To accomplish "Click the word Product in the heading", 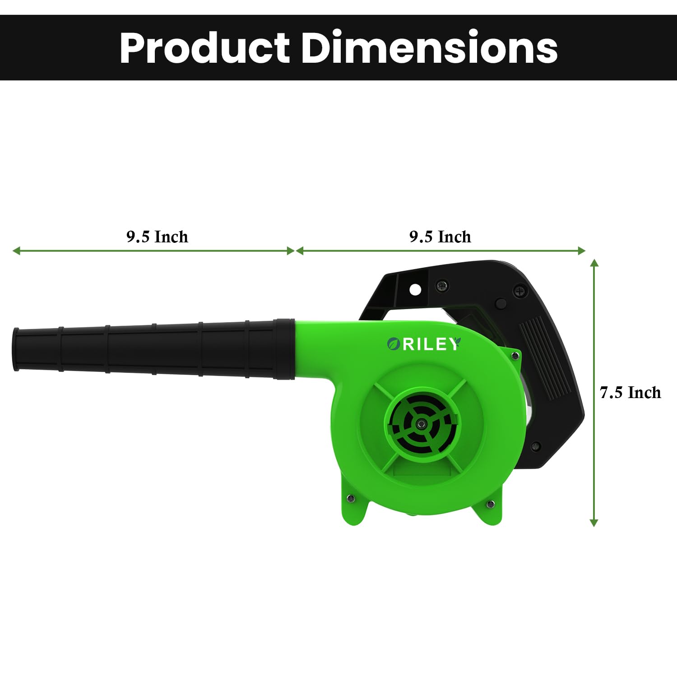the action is coord(204,48).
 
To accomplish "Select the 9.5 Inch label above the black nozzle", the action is coord(157,236).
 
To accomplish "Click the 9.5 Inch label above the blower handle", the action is coord(440,236).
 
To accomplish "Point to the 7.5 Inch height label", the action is coord(630,392).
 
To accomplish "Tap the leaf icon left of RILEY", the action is coord(394,344).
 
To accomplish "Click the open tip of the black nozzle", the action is coord(16,349).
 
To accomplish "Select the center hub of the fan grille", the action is coord(422,423).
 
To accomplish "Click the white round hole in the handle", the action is coord(415,289).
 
